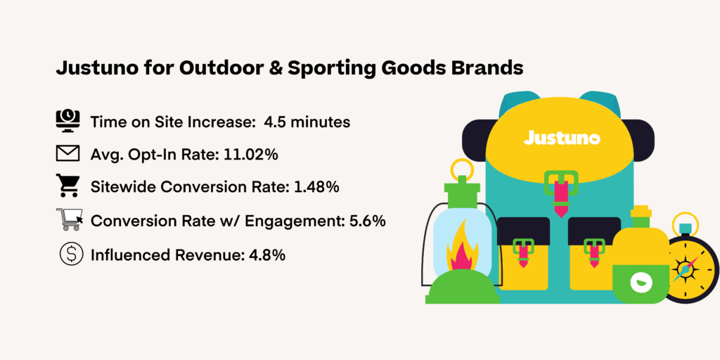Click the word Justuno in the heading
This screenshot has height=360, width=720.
[92, 69]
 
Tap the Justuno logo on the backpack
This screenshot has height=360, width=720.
[562, 138]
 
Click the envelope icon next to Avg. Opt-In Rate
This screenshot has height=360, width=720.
[68, 154]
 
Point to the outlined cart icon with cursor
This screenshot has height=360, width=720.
[69, 220]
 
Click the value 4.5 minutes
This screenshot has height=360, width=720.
[307, 122]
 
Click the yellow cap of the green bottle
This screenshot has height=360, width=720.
[641, 212]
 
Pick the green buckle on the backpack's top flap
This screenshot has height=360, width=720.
[561, 182]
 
